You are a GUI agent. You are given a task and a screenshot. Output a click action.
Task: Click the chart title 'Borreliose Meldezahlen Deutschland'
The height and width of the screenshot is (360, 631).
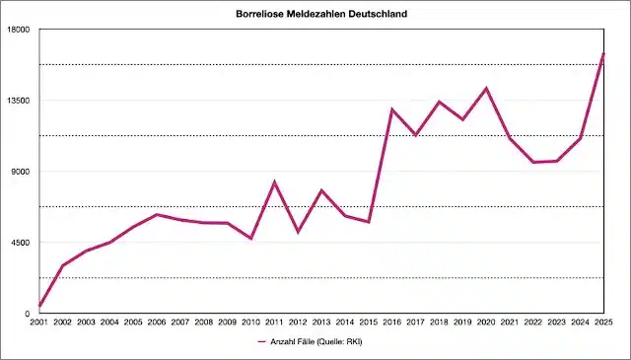322,15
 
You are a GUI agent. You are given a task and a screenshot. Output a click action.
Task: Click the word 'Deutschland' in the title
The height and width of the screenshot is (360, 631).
376,15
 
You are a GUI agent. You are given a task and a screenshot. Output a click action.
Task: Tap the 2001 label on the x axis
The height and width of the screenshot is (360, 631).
39,323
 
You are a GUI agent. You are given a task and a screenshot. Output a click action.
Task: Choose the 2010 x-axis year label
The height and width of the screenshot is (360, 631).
251,323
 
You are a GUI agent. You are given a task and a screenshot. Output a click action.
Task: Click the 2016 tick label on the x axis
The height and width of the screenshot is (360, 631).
392,323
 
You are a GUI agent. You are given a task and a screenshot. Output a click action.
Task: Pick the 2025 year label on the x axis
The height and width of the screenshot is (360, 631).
603,323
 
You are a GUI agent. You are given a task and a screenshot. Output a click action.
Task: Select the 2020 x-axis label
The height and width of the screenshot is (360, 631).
486,323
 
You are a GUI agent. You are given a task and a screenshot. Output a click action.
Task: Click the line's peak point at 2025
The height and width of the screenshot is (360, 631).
603,53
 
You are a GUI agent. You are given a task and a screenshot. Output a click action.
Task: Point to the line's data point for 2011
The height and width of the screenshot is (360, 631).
275,182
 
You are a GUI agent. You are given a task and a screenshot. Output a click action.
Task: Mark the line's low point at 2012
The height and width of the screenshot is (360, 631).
298,232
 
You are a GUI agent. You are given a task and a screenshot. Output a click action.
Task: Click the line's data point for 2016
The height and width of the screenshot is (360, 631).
392,109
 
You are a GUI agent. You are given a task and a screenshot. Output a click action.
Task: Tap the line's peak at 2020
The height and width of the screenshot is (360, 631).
486,89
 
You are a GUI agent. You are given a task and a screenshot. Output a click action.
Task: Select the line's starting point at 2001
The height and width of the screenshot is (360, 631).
39,306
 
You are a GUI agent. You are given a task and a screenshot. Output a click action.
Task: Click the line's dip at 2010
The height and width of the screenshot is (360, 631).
251,239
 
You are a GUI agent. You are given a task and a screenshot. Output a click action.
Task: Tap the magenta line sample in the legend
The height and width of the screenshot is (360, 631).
262,342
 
